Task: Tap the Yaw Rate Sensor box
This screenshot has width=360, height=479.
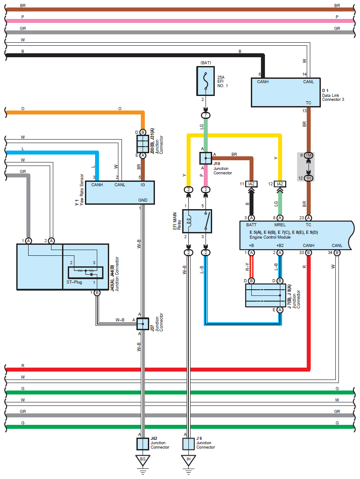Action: (x=119, y=192)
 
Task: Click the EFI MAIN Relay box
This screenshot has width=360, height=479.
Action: (x=197, y=221)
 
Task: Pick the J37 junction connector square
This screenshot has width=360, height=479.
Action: (x=143, y=324)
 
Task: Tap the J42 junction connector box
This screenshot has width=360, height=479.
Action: (x=143, y=443)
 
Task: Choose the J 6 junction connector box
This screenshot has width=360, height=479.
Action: (x=188, y=443)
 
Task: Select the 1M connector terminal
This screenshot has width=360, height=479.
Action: (x=309, y=156)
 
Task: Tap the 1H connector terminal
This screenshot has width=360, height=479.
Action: (x=309, y=178)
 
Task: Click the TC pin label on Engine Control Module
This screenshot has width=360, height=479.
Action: (x=308, y=225)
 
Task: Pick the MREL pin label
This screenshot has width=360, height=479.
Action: (x=280, y=225)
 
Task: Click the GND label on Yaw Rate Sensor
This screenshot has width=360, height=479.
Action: (x=143, y=200)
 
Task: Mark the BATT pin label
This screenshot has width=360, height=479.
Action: (x=251, y=225)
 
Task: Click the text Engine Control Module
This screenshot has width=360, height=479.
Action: (x=270, y=237)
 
